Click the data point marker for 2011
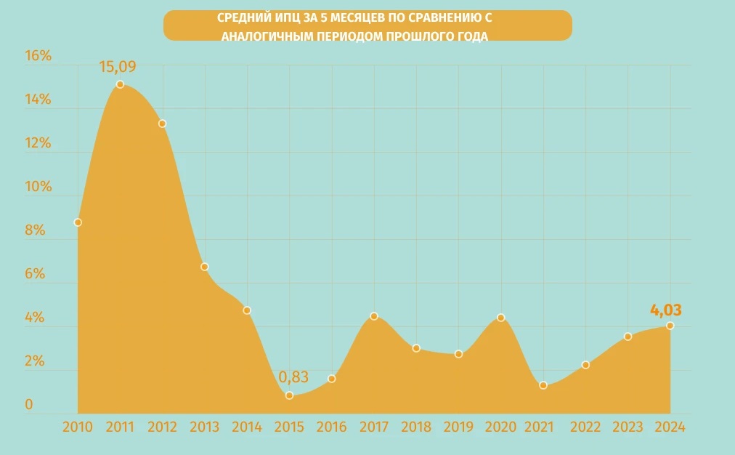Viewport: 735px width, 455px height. pos(120,84)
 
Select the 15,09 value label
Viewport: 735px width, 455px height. pos(118,67)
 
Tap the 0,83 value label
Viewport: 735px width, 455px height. pos(293,377)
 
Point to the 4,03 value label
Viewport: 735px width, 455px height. pos(665,310)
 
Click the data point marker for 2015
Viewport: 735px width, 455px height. pos(289,395)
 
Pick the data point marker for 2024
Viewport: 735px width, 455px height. pos(670,326)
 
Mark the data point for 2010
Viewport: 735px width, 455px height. pos(78,222)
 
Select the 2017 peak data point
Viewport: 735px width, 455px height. pos(374,316)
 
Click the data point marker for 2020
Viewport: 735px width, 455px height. pos(500,318)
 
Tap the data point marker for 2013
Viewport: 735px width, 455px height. pos(205,267)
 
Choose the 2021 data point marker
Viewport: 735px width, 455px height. pos(543,385)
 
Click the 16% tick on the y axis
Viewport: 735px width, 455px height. pos(38,56)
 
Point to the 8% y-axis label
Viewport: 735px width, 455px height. pos(38,230)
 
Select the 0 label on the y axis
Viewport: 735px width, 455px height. pos(29,405)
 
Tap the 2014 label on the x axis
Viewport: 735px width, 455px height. pos(247,427)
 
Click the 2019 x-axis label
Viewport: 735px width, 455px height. pos(458,427)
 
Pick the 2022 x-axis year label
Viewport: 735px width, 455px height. pos(585,427)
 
